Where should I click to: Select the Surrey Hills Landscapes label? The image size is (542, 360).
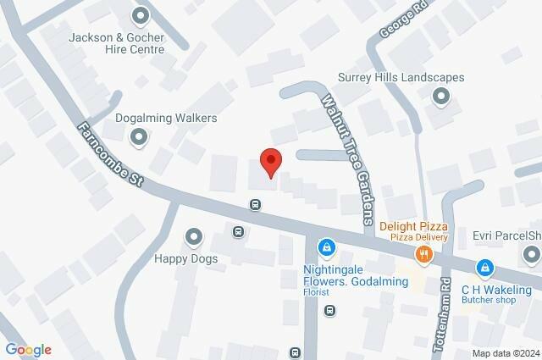coord(401,77)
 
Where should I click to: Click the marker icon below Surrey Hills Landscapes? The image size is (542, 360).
coord(440,97)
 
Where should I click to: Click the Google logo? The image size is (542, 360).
coord(28,349)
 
